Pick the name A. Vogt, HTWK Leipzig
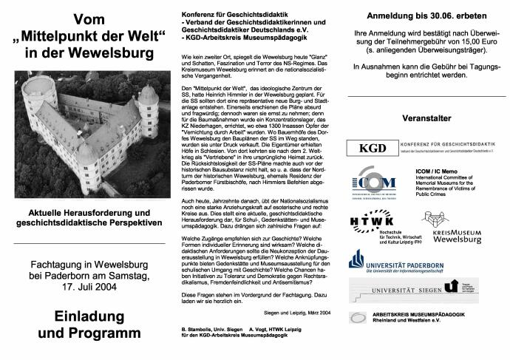tap(275, 327)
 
